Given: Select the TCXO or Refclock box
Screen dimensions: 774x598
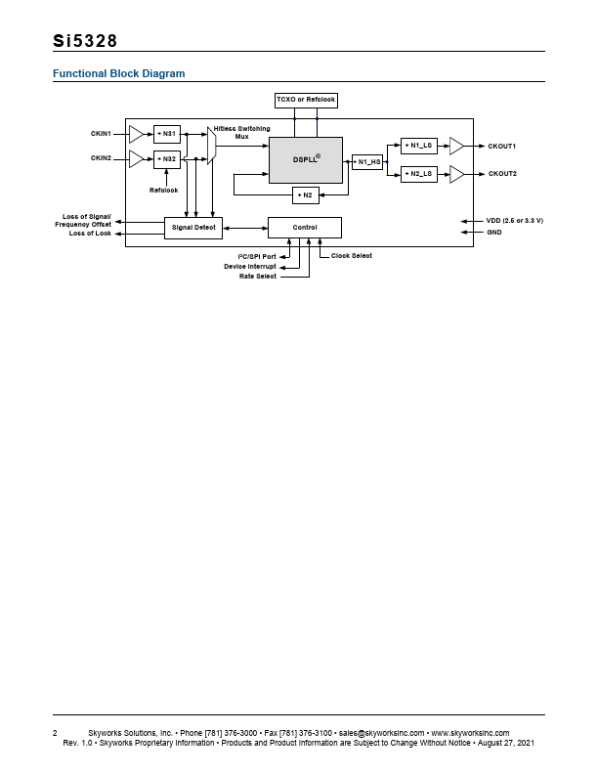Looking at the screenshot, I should (x=305, y=101).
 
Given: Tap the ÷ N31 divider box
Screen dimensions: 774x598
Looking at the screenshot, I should (x=167, y=133).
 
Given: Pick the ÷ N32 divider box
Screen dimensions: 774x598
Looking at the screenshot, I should (x=167, y=159).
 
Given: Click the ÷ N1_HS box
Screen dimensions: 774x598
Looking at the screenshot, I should (x=367, y=161).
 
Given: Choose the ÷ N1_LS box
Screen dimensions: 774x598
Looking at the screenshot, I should (x=418, y=146).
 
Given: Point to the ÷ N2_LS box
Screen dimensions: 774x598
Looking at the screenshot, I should (x=418, y=174).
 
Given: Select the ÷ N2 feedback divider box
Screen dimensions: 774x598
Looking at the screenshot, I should (x=305, y=194).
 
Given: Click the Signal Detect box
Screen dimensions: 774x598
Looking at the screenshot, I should (x=193, y=228).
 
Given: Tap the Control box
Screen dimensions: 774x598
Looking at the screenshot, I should (x=305, y=228).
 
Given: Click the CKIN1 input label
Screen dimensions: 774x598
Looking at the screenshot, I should (x=102, y=133).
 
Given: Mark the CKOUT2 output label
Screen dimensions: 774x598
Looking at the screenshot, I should (x=502, y=174).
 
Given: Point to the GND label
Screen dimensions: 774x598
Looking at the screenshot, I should (x=494, y=233).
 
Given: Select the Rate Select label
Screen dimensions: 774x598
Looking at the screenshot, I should (x=258, y=277).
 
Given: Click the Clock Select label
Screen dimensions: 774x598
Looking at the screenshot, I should (x=352, y=256).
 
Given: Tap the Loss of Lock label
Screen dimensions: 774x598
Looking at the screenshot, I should (x=90, y=234).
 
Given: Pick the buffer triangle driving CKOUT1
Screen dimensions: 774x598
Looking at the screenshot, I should (x=456, y=146).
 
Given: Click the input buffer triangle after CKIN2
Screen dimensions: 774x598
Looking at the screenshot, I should (x=136, y=159).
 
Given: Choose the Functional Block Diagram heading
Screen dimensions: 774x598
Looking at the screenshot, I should (x=118, y=74).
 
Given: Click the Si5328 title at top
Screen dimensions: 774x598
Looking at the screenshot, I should (x=85, y=41).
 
